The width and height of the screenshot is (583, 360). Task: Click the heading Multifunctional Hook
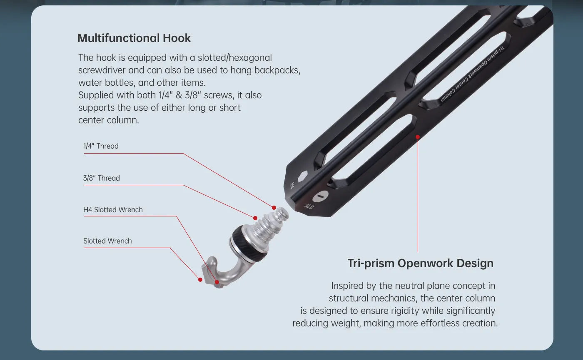(x=134, y=38)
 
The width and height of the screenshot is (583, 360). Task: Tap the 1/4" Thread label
(x=101, y=146)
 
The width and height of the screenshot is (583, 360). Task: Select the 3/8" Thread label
(x=102, y=178)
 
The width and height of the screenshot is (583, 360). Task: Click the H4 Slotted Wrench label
(x=113, y=210)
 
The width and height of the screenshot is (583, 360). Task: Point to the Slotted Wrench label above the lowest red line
(x=107, y=241)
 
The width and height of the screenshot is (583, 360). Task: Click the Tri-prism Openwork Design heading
(x=420, y=263)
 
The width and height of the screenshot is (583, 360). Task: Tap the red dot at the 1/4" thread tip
(x=274, y=208)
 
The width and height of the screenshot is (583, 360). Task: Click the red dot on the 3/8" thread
(x=255, y=218)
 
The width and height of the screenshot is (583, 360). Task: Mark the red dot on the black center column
(x=418, y=137)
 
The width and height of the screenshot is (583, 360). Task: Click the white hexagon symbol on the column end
(x=303, y=176)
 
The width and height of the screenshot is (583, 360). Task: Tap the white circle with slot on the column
(x=320, y=196)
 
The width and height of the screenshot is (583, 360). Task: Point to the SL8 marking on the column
(x=309, y=206)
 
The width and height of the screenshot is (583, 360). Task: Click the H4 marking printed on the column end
(x=292, y=186)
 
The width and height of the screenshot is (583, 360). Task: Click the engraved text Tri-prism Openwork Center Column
(x=472, y=74)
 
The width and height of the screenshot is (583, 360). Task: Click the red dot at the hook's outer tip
(x=200, y=280)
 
